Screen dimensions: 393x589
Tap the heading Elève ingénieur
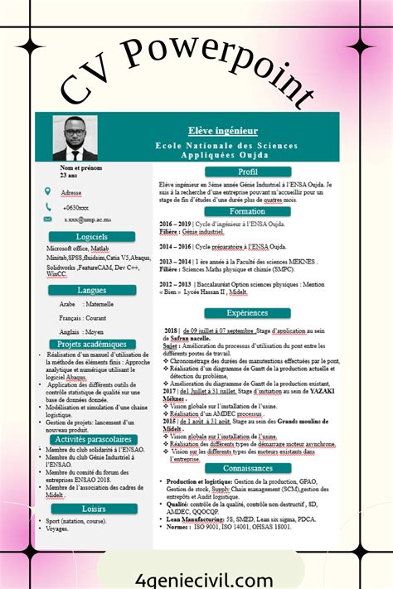pyautogui.click(x=235, y=130)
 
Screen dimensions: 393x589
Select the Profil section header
pyautogui.click(x=248, y=171)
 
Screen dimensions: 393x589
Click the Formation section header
pyautogui.click(x=248, y=211)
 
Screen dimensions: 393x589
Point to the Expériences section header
pyautogui.click(x=248, y=312)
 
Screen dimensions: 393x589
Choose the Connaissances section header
pyautogui.click(x=248, y=468)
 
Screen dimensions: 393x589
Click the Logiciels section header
pyautogui.click(x=92, y=236)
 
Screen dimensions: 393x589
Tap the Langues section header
pyautogui.click(x=92, y=290)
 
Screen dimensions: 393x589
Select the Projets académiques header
pyautogui.click(x=92, y=343)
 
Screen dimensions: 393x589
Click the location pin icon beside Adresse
pyautogui.click(x=49, y=191)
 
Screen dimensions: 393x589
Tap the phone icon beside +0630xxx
pyautogui.click(x=49, y=206)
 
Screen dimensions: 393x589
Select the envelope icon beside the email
pyautogui.click(x=49, y=220)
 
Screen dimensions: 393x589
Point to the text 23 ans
pyautogui.click(x=69, y=175)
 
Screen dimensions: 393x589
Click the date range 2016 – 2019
pyautogui.click(x=175, y=224)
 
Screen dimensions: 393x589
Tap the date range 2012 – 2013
pyautogui.click(x=175, y=283)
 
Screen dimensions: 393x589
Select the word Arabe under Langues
pyautogui.click(x=68, y=304)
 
